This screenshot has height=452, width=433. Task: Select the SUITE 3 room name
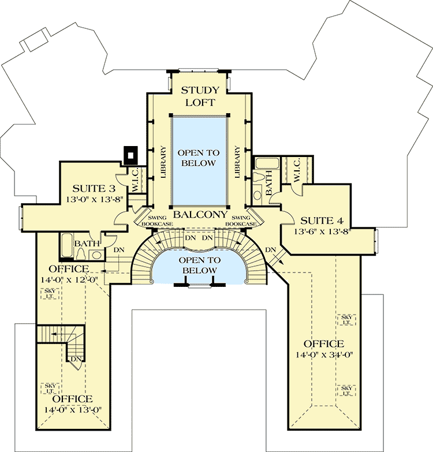tap(94, 189)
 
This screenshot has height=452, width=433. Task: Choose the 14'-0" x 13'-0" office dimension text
tap(73, 410)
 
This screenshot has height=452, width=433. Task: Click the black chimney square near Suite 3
tap(131, 154)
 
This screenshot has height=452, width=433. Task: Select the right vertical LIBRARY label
tap(237, 161)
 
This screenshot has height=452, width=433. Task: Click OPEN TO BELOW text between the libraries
tap(199, 158)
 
